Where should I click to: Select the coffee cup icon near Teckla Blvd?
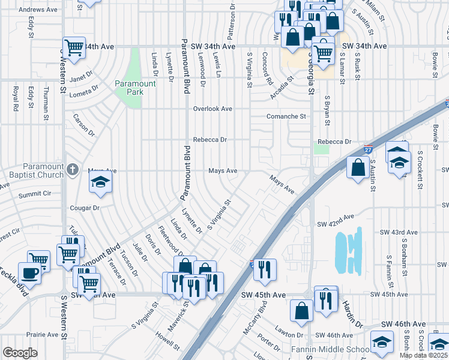29,274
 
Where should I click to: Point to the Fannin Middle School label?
329,349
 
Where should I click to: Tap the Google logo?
20,353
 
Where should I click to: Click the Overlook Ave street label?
212,109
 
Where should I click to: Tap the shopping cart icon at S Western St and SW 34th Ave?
74,47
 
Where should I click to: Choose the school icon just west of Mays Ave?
101,183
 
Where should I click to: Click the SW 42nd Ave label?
336,223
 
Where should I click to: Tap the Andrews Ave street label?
38,10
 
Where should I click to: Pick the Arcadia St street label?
280,82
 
